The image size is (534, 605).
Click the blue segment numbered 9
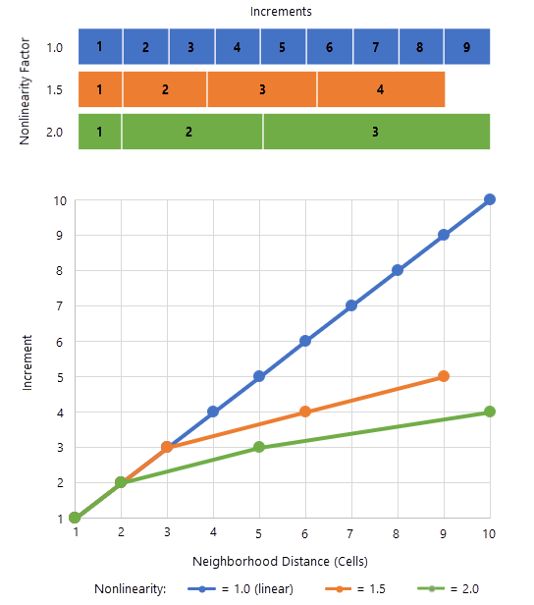[x=466, y=47]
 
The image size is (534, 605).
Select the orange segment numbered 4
[x=381, y=89]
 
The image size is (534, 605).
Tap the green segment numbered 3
[x=376, y=132]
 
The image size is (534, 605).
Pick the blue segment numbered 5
[x=283, y=47]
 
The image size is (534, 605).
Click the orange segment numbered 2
[x=165, y=89]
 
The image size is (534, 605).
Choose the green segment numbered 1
[x=99, y=132]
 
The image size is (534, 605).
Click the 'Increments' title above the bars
[x=281, y=12]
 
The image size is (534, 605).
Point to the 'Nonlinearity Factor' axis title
[x=27, y=89]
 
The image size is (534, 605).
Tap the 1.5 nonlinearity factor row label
[x=55, y=89]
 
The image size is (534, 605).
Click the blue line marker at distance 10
[x=490, y=199]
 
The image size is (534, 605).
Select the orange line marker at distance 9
[x=444, y=376]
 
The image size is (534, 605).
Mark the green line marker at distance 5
[x=259, y=447]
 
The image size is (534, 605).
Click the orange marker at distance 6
[x=305, y=412]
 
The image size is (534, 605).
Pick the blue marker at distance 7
[x=351, y=305]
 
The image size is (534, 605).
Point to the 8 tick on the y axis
[x=61, y=270]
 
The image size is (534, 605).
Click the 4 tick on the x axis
[x=213, y=533]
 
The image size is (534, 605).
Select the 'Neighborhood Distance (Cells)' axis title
[x=282, y=561]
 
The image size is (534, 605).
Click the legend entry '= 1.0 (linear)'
[x=255, y=589]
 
